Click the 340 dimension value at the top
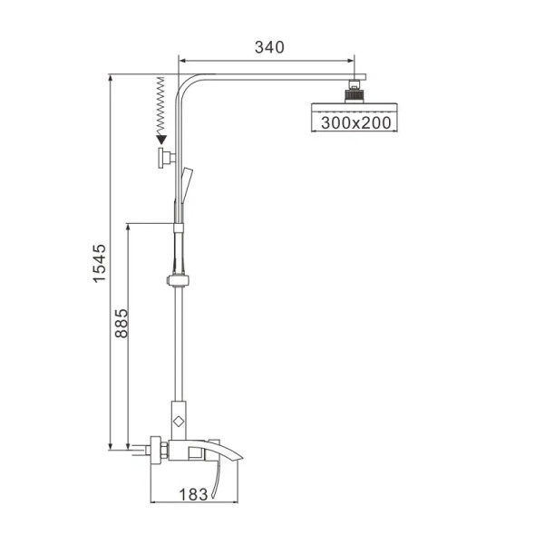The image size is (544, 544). pos(269,46)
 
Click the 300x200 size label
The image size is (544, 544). pos(354,122)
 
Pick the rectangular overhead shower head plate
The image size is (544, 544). pos(354,108)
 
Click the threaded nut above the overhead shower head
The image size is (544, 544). pos(354,92)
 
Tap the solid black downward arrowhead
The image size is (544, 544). pos(161,139)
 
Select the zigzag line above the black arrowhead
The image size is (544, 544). pos(161,104)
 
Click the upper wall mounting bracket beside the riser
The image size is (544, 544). pos(164,160)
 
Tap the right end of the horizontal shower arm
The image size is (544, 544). pos(359,79)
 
